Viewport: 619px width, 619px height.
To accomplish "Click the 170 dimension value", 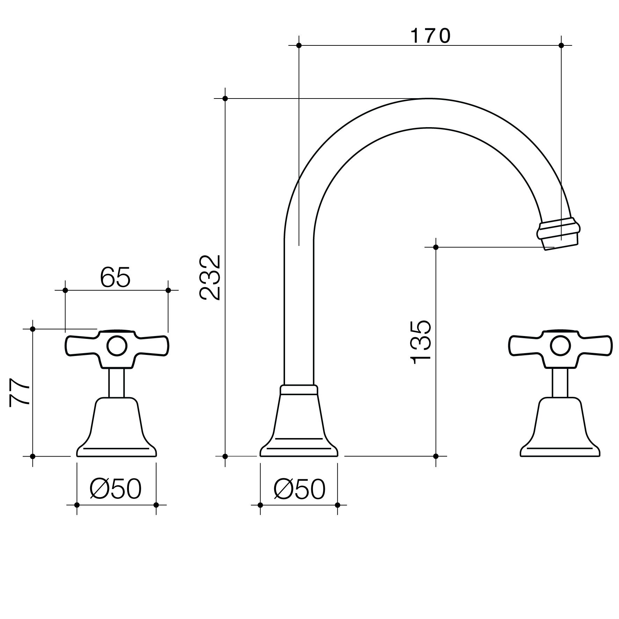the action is (x=430, y=36).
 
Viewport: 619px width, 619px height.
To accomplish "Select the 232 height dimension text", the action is (x=210, y=278).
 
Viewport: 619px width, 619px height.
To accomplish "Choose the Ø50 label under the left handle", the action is (x=116, y=489).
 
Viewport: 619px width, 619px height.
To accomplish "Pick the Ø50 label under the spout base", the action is (x=299, y=489).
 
